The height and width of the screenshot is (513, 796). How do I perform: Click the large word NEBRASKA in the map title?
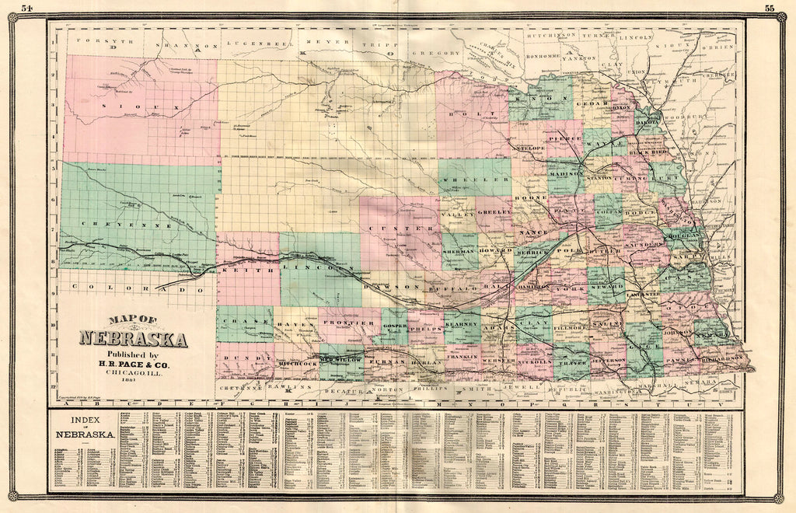click(132, 340)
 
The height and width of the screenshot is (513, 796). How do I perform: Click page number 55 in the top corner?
click(770, 9)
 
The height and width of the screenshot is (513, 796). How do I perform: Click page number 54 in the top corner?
click(27, 9)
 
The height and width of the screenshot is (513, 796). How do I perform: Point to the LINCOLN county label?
click(313, 268)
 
